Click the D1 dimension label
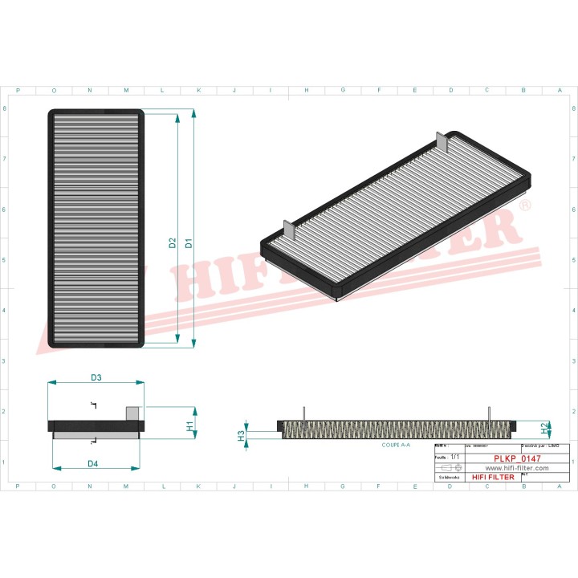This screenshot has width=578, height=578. (x=189, y=242)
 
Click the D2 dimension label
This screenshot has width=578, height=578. (x=173, y=242)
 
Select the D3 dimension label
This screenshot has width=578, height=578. (x=96, y=377)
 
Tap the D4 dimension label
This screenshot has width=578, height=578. (x=93, y=463)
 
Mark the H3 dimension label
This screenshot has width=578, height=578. (x=240, y=435)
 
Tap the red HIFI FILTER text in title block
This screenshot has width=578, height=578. (x=493, y=478)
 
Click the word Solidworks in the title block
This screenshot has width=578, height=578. (x=447, y=478)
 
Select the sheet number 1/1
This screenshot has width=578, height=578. (x=455, y=456)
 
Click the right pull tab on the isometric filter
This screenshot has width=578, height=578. (x=439, y=140)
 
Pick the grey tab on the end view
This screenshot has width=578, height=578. (x=132, y=413)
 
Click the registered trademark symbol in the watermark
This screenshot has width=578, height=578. (x=525, y=206)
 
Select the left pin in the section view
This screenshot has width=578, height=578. (x=304, y=412)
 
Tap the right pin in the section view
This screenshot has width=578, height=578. (x=489, y=412)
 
